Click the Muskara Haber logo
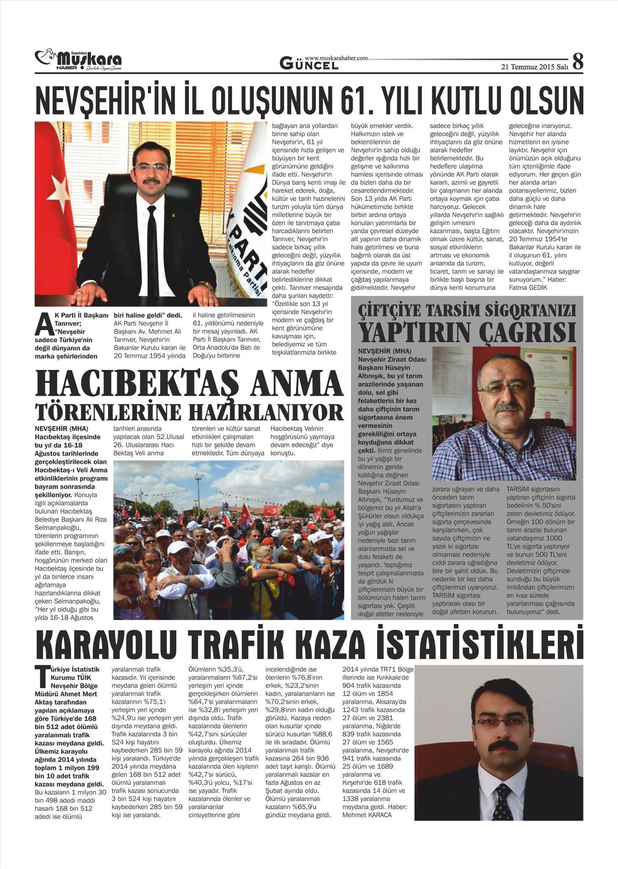pos(78,60)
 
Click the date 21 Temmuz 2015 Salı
pos(534,67)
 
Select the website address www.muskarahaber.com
pos(336,58)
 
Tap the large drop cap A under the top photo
pos(43,324)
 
